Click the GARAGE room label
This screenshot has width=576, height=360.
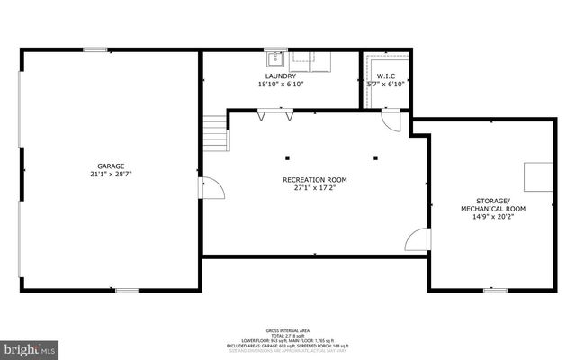click(112, 166)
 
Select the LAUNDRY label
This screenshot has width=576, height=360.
click(281, 76)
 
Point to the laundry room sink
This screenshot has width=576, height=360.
click(274, 60)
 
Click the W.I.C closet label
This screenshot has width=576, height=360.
click(386, 76)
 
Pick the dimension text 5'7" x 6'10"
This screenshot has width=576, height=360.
click(386, 84)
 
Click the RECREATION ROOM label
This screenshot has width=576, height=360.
click(314, 180)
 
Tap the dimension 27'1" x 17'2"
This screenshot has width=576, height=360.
click(314, 188)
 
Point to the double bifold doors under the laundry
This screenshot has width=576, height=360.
click(275, 115)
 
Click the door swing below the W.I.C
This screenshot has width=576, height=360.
click(391, 121)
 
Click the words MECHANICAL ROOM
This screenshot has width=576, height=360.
click(493, 209)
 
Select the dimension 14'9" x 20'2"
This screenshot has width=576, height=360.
click(493, 217)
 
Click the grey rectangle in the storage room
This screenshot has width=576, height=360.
click(538, 175)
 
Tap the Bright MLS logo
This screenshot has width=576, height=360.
click(29, 347)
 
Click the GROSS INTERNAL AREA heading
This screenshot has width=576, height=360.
click(288, 331)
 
